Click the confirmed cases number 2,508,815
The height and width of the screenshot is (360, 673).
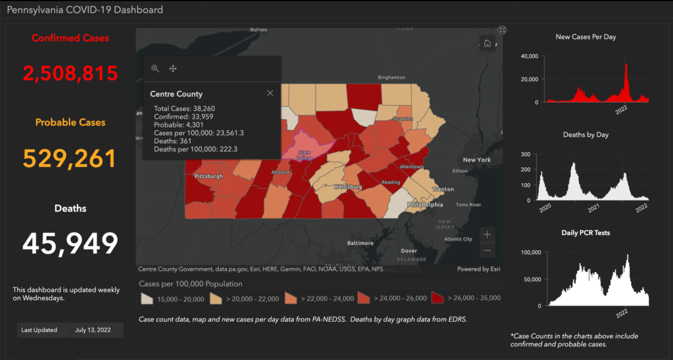coord(71,72)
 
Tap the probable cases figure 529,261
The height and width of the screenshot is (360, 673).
coord(70,158)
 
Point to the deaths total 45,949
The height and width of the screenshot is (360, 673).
coord(70,244)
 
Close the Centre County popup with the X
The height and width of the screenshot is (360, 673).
coord(270,93)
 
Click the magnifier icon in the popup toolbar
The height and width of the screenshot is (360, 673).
coord(155,68)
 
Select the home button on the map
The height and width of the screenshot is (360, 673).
coord(488,43)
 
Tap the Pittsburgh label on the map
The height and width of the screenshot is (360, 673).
coord(209,177)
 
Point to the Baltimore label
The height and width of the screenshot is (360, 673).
coord(360,242)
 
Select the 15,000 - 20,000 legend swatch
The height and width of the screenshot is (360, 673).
coord(148,298)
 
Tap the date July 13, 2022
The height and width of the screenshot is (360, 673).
coord(95,330)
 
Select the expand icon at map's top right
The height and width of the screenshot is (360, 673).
coord(502,30)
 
